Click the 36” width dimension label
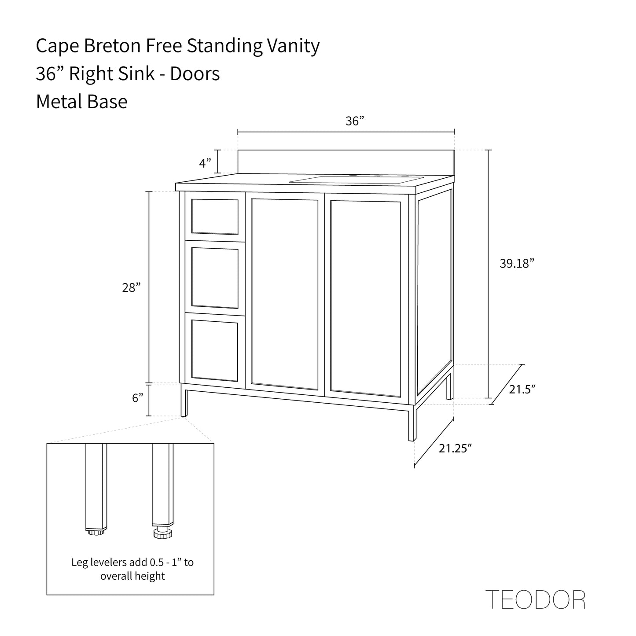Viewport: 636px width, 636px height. pos(355,121)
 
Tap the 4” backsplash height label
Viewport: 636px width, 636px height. pos(205,164)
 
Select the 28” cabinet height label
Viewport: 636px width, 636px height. pos(131,288)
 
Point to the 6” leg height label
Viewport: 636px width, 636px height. pos(138,398)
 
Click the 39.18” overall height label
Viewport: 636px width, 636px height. pos(517,264)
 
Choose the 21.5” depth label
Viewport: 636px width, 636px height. pos(522,389)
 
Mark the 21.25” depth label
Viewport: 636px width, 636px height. pos(455,449)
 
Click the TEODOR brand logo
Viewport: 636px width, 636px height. pos(535,599)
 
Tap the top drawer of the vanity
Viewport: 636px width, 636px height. pos(215,217)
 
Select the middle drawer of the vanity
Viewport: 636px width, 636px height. pos(215,277)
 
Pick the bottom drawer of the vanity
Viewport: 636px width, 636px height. pos(215,349)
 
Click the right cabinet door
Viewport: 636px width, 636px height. pos(365,297)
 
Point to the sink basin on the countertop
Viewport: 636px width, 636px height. pos(352,180)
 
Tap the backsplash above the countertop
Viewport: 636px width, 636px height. pos(346,161)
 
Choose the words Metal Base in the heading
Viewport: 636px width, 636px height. pos(81,102)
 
